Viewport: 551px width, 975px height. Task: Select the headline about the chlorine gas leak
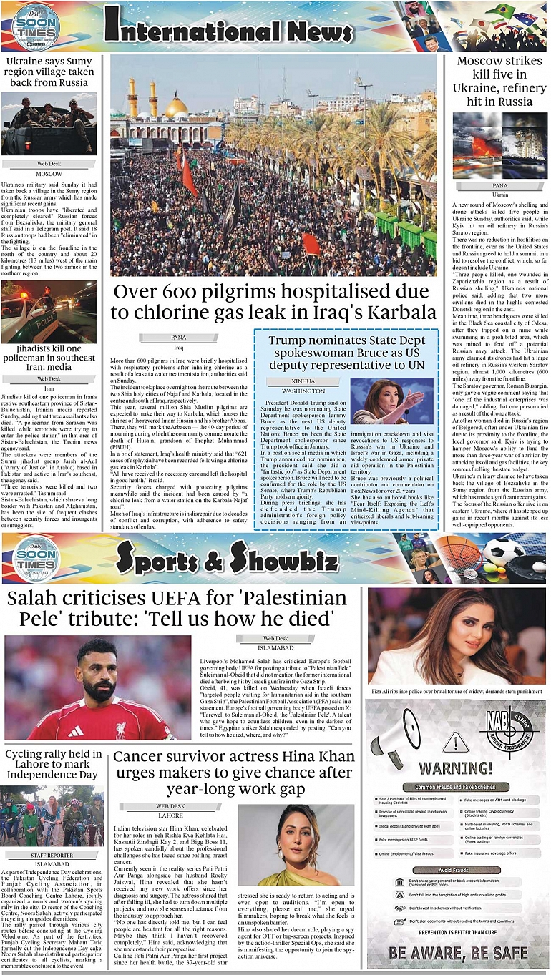tap(275, 302)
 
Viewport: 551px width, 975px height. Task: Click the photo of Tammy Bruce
tap(392, 401)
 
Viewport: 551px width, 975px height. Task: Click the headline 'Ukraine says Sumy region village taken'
tap(49, 72)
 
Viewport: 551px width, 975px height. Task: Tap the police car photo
tap(49, 313)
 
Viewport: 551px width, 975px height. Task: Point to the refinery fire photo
tap(501, 145)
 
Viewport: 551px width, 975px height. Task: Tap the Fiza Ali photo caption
tap(456, 692)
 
